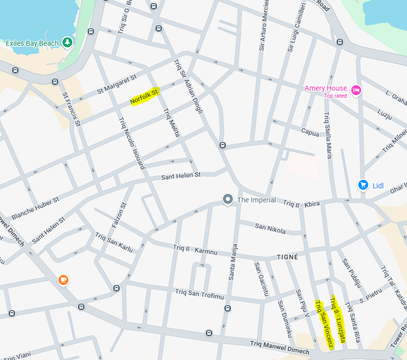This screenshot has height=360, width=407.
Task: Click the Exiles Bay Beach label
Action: (32, 43)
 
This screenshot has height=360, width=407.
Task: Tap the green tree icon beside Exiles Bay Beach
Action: (67, 42)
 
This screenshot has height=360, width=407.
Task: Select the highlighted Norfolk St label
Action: (144, 96)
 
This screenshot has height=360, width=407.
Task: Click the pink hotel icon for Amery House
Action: (356, 90)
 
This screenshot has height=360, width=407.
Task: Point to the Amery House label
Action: (325, 88)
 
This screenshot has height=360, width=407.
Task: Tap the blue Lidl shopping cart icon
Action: (363, 185)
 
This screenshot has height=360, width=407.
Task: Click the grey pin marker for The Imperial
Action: (228, 200)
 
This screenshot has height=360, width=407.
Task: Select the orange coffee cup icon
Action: (63, 279)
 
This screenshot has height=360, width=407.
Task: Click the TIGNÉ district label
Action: (288, 257)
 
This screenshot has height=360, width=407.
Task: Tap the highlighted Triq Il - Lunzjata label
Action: (338, 320)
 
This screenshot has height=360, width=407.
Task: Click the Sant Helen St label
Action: (181, 176)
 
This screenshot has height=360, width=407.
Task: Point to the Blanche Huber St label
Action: (35, 207)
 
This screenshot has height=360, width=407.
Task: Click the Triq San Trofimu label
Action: (199, 294)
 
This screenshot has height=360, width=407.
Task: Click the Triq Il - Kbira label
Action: (301, 204)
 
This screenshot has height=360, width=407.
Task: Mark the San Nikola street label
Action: (270, 229)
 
